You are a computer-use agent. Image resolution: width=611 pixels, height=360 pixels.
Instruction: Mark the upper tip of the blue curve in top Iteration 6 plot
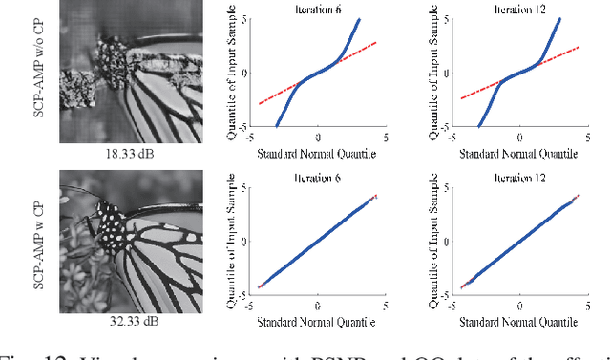[359, 19]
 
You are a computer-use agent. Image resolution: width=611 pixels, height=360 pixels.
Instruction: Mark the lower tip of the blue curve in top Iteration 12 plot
[479, 125]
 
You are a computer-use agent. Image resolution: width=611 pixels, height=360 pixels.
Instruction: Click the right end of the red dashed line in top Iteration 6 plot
[376, 42]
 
